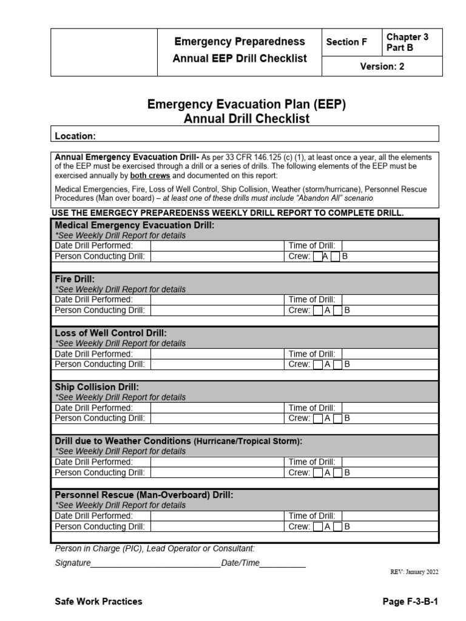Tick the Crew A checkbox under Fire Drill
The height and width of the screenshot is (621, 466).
tap(318, 310)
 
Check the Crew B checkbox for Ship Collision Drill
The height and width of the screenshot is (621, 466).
tap(338, 418)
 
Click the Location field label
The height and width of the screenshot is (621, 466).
tap(75, 136)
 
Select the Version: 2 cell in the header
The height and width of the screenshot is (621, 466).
tap(382, 67)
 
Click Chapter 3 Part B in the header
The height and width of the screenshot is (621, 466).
tap(407, 42)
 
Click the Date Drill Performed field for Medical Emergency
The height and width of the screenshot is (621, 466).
tap(216, 246)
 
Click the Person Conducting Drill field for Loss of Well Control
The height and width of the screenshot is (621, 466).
tap(216, 364)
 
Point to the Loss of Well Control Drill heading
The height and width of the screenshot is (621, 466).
tap(110, 333)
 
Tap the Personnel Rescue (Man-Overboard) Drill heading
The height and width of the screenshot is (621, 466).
tap(144, 495)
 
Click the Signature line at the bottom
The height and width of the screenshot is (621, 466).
tap(155, 563)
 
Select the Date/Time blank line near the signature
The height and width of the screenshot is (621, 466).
tap(283, 563)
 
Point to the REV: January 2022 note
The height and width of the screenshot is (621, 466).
tap(413, 572)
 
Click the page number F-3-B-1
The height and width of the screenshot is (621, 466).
tap(410, 602)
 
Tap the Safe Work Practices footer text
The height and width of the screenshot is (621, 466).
tap(98, 602)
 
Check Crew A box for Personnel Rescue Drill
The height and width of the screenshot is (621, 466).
tap(318, 527)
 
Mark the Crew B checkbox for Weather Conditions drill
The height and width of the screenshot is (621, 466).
tap(338, 472)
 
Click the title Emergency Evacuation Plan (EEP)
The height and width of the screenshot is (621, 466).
tap(246, 104)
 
